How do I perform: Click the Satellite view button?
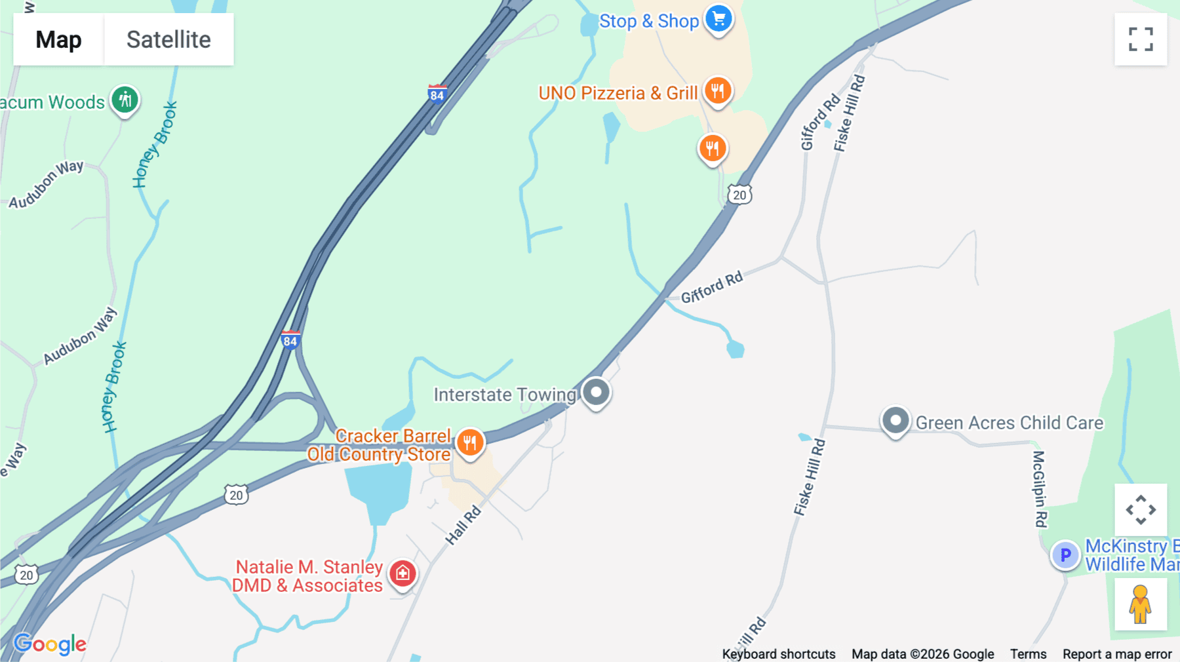pos(168,40)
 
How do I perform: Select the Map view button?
pos(58,40)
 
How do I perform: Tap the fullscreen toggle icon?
pos(1141,39)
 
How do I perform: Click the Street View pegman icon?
pos(1141,604)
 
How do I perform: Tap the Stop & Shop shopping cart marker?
pos(718,19)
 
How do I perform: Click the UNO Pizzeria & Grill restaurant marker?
pos(718,90)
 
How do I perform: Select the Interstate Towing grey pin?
pos(596,393)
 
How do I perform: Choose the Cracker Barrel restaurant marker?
pos(470,443)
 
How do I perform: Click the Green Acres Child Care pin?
pos(895,420)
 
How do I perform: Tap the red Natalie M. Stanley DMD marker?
pos(403,574)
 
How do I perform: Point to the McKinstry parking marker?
pos(1065,555)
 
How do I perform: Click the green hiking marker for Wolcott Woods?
pos(125,100)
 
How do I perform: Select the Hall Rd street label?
pos(463,525)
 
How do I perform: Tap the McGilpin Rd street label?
pos(1040,488)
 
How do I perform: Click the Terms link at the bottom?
pos(1028,654)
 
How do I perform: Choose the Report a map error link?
pos(1117,654)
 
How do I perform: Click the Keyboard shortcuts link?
pos(779,654)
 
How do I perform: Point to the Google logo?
pos(50,644)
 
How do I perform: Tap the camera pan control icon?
pos(1141,510)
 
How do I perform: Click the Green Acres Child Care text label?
pos(1010,423)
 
